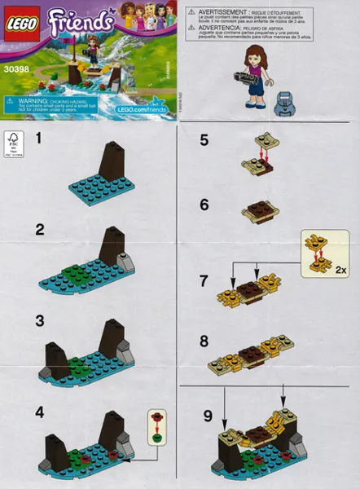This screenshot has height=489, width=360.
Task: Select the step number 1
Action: point(37,140)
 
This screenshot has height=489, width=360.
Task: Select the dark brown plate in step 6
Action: point(259,214)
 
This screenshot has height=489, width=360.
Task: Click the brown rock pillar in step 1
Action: point(112,159)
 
